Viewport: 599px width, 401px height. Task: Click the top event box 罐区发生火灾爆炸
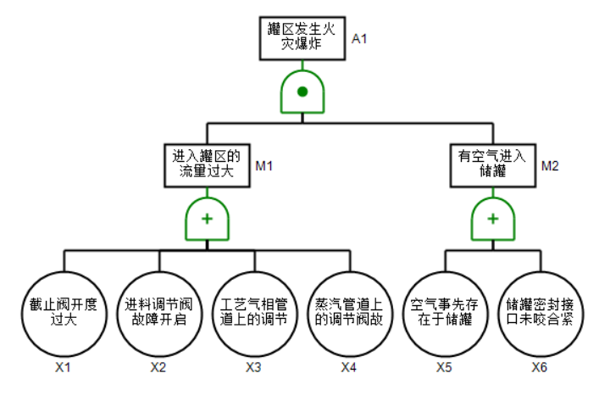(x=302, y=37)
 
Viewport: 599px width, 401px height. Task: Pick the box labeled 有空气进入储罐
(x=492, y=164)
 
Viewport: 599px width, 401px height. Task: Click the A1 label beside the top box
(x=359, y=38)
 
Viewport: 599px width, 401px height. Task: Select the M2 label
(x=550, y=164)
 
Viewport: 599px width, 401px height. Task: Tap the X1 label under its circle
(x=63, y=367)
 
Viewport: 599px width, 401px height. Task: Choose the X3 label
(x=253, y=367)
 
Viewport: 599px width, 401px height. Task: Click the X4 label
(x=349, y=367)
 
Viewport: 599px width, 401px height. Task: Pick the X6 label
(x=540, y=367)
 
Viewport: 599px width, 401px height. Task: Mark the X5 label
(x=445, y=367)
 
